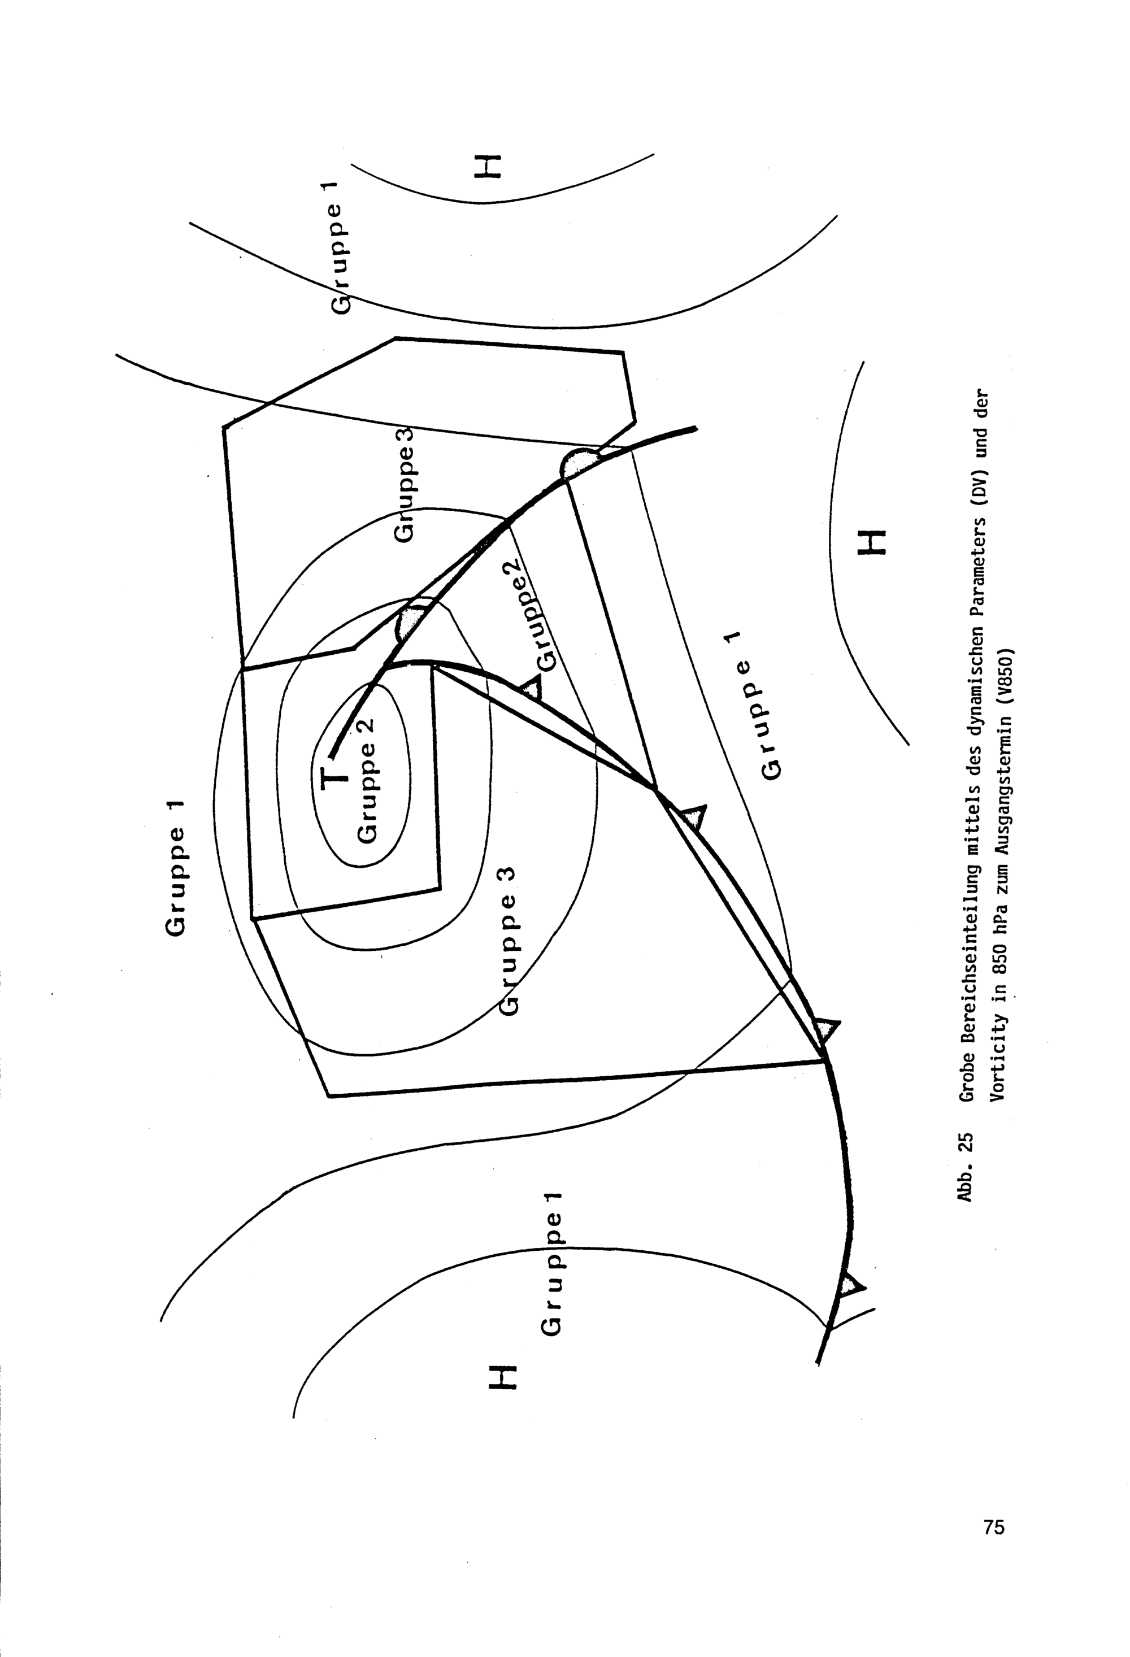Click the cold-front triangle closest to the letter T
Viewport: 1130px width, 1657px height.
click(531, 688)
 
